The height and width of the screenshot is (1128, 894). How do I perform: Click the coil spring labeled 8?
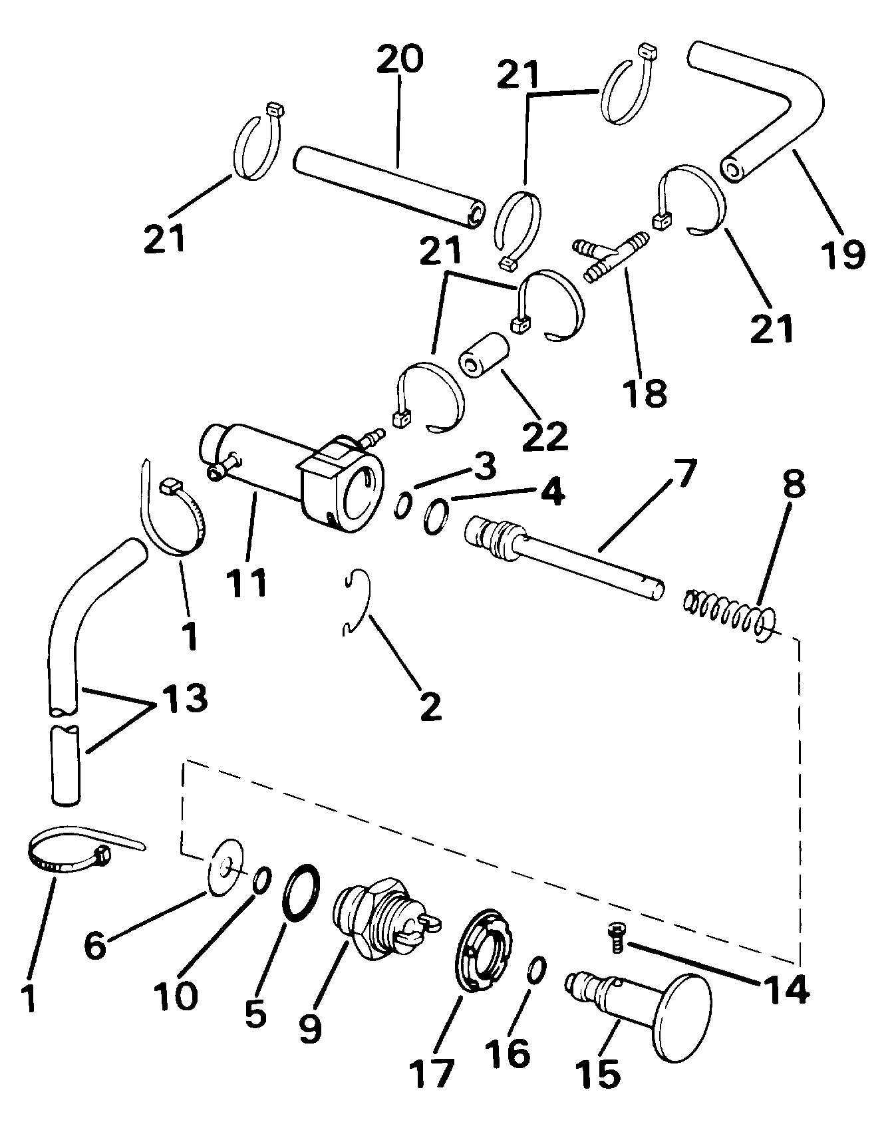[x=728, y=612]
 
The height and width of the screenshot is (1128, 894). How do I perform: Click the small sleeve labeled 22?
[x=484, y=358]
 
